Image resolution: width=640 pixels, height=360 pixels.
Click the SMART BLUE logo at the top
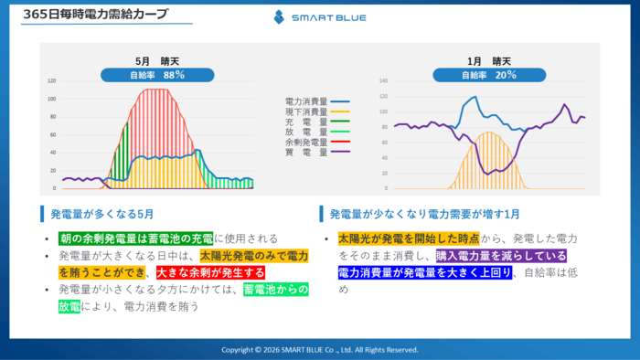click(319, 16)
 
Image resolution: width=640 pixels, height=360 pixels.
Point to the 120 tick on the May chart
click(51, 80)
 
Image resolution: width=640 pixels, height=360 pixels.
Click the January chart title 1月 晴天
click(488, 60)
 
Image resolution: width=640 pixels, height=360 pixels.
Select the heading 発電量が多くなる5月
click(102, 214)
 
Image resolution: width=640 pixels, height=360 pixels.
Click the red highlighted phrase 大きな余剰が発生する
click(211, 272)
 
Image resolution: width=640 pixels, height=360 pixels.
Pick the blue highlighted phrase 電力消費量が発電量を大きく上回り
click(424, 272)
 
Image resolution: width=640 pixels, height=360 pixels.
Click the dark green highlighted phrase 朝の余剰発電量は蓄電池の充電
click(135, 239)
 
